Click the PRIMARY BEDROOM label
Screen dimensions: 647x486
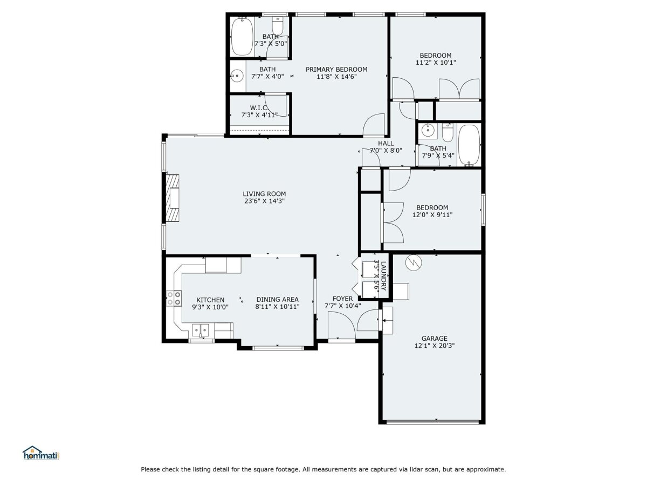point(336,69)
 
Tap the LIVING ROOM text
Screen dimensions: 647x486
point(264,194)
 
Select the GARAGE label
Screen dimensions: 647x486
point(434,339)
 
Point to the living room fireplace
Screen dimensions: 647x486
point(173,198)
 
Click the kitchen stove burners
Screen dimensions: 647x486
point(174,298)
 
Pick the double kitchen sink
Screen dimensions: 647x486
point(201,330)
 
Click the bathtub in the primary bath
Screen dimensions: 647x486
point(242,36)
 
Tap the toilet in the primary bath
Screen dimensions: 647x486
point(277,26)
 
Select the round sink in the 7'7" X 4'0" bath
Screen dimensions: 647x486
point(236,76)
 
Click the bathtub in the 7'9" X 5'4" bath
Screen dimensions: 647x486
point(469,145)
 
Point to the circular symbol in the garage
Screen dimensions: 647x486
point(414,262)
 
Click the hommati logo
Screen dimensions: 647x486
point(42,453)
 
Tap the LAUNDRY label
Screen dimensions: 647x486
point(383,276)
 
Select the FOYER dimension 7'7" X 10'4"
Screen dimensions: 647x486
point(342,306)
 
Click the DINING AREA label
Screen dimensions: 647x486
point(277,300)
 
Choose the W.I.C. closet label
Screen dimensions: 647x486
point(259,107)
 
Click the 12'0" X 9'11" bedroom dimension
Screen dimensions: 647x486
point(432,215)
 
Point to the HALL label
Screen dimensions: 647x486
point(386,144)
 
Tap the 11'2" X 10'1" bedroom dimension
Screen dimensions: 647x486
point(436,63)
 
